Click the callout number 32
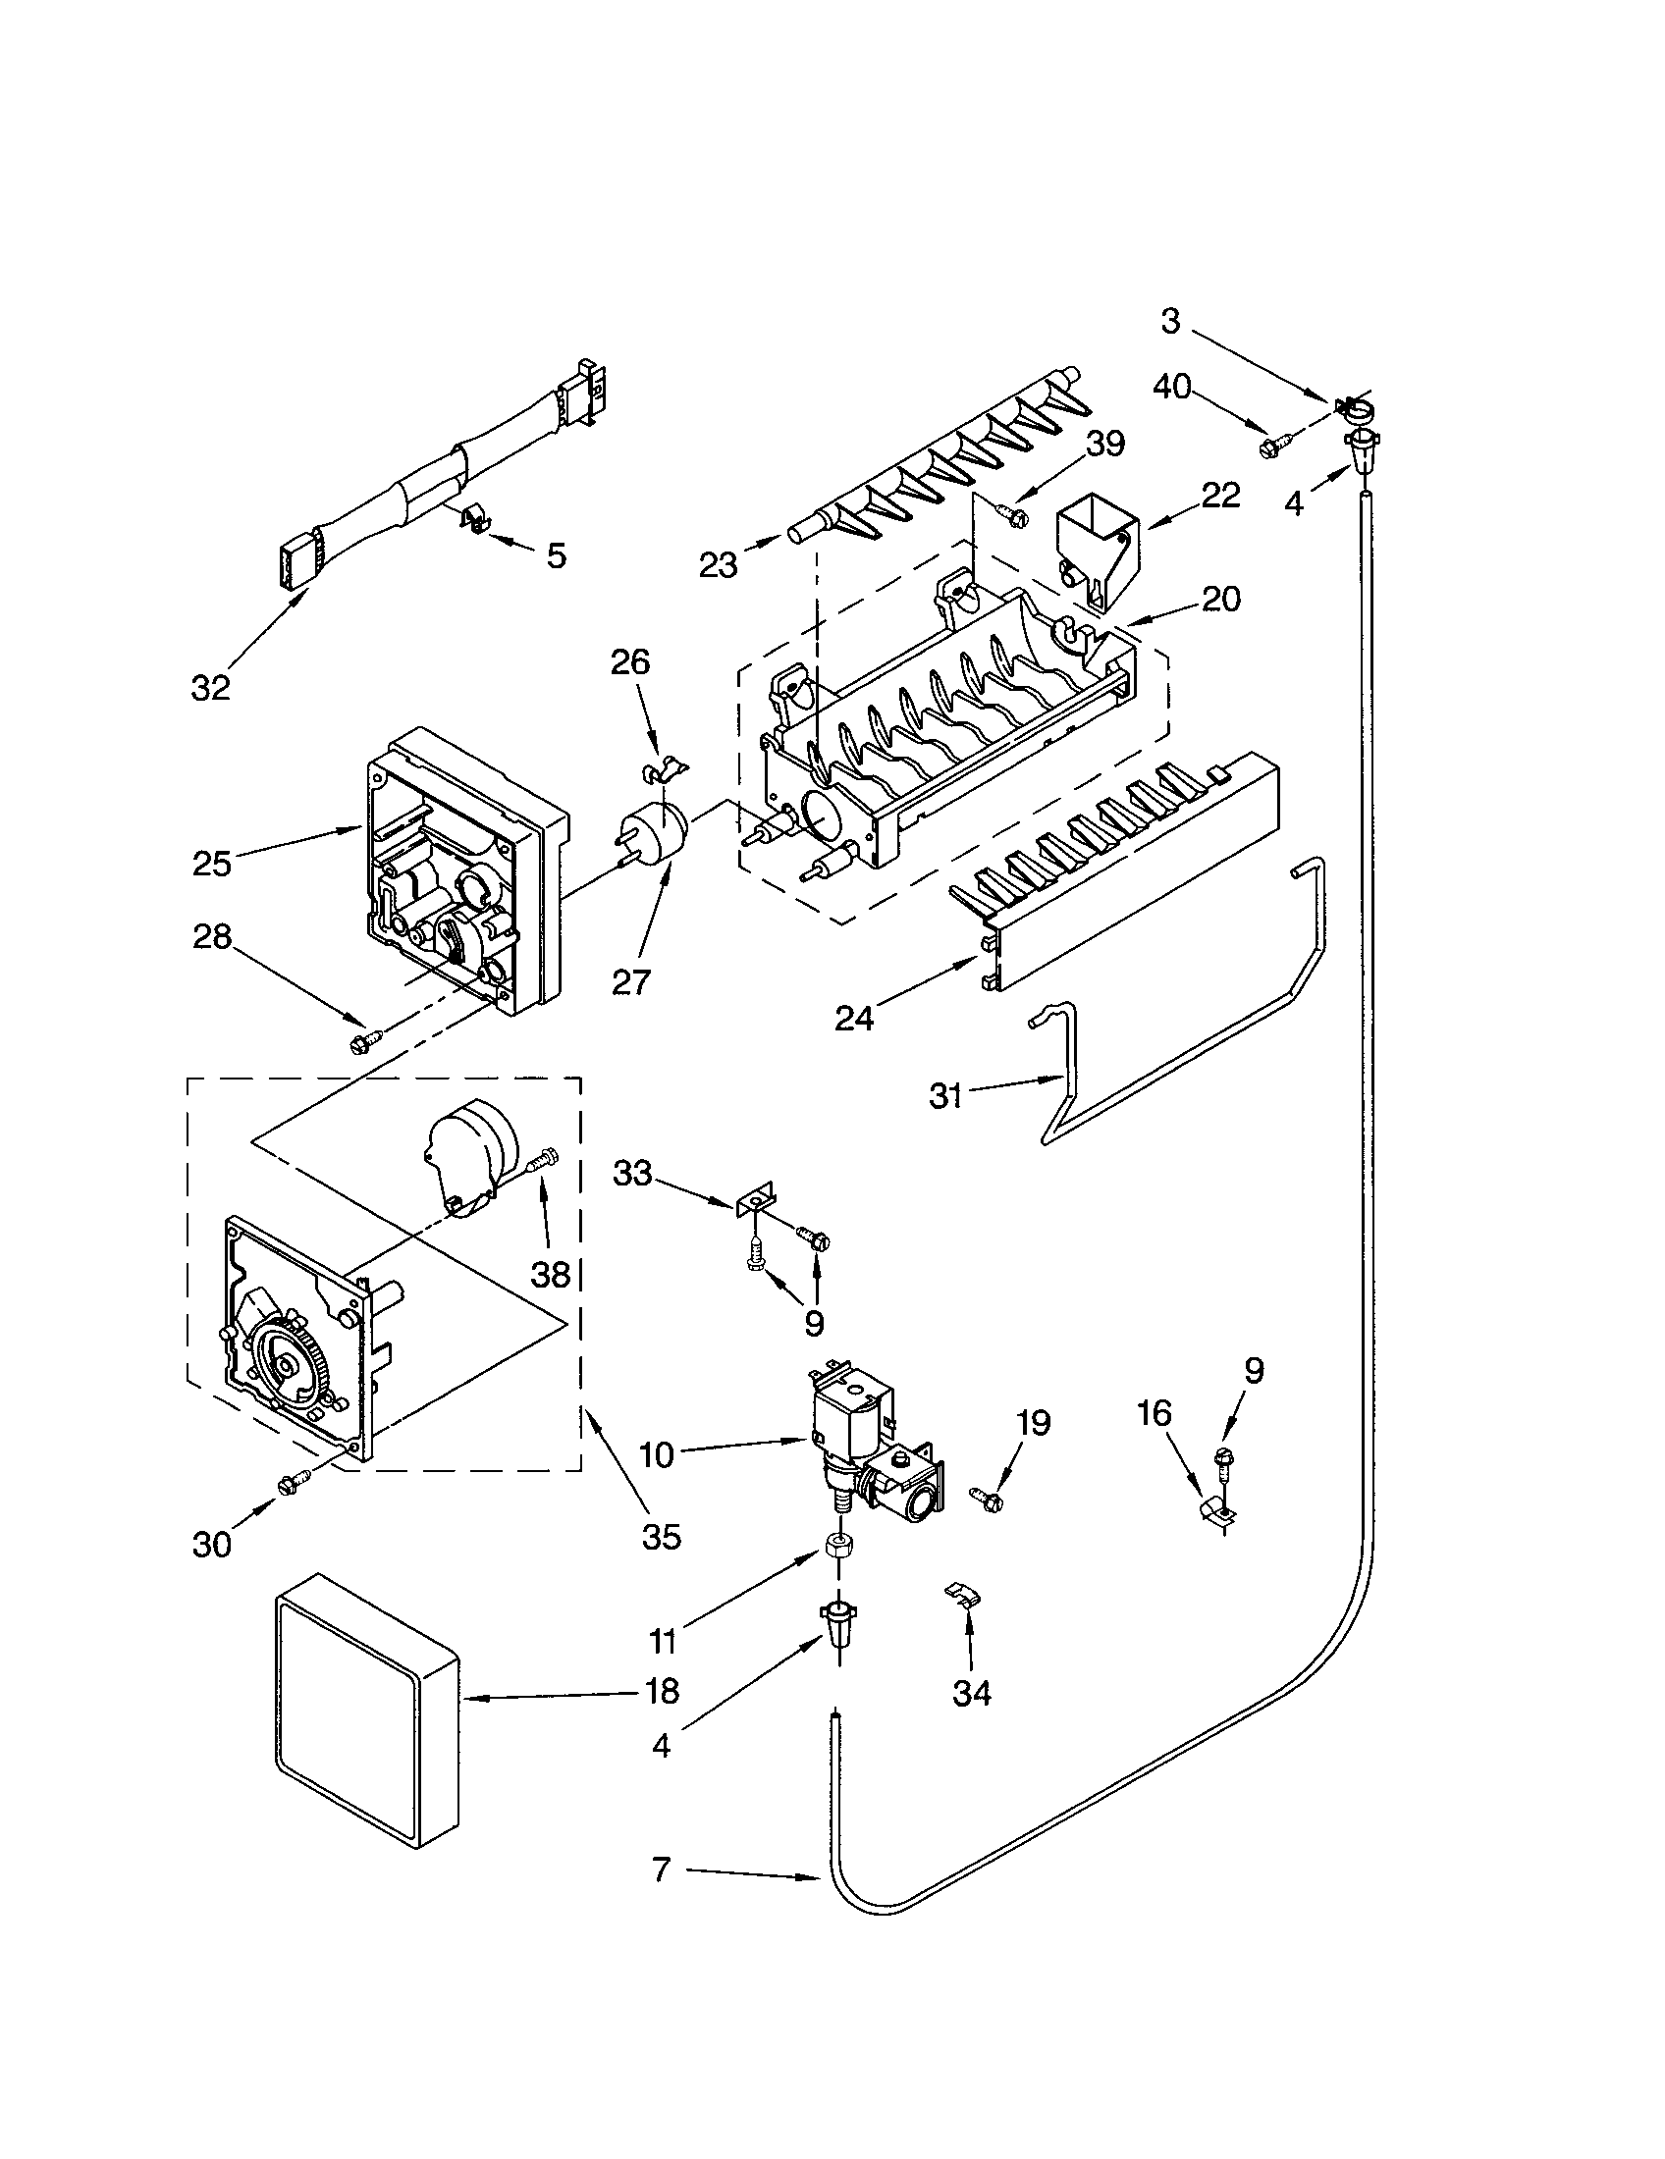pos(210,688)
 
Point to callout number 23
pos(719,566)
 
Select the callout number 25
pos(212,864)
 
